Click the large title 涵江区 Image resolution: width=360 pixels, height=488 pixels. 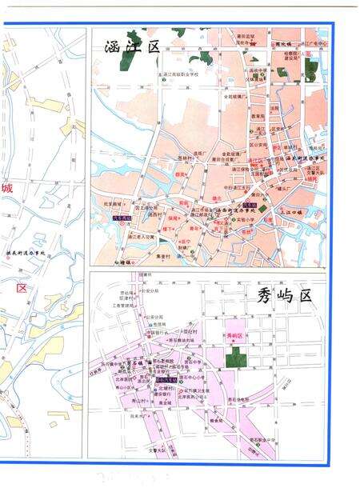click(132, 46)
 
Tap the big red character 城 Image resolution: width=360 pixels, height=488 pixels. click(7, 190)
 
